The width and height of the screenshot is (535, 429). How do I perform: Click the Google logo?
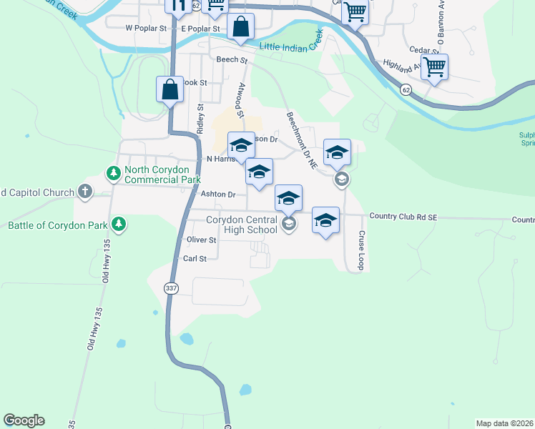[x=24, y=420]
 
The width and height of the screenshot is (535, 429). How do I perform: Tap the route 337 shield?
[x=171, y=287]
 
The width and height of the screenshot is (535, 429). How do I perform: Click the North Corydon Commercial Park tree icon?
[x=113, y=172]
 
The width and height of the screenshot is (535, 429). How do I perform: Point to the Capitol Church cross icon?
[x=85, y=192]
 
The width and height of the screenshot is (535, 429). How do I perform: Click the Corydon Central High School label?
[x=242, y=225]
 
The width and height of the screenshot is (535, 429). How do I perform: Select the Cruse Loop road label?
[x=362, y=250]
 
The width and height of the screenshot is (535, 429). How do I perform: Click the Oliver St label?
[x=201, y=240]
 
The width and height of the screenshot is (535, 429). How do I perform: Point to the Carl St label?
[x=195, y=258]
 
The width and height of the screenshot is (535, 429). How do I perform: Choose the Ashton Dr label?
[x=218, y=194]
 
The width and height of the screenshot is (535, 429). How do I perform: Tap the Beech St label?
[x=231, y=61]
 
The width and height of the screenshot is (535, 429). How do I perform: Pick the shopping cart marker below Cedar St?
[x=434, y=68]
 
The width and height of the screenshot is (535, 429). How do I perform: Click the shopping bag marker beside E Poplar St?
[x=241, y=27]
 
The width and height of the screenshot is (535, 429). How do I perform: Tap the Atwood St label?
[x=240, y=99]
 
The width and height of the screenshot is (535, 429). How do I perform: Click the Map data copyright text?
[x=494, y=423]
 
